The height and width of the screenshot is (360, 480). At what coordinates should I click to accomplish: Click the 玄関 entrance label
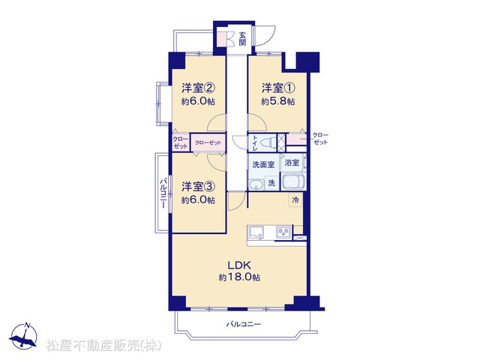242,38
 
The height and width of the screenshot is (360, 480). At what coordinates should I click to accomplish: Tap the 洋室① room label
278,88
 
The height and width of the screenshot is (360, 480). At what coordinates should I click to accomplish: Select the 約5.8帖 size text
278,102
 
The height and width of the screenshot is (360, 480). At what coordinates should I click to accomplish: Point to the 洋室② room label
198,88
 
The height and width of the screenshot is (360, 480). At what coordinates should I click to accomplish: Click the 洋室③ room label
198,187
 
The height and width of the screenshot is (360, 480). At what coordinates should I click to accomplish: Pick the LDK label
239,265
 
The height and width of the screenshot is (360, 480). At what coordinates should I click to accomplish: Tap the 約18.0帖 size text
239,277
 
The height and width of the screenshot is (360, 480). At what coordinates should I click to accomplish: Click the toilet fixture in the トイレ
267,142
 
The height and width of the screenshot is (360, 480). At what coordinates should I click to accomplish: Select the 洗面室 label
263,165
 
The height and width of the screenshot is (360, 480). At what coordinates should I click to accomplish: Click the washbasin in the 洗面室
256,185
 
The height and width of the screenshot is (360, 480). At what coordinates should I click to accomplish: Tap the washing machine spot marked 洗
271,183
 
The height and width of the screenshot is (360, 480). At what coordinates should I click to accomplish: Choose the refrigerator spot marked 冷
295,200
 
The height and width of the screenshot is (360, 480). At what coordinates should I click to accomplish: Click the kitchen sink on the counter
256,232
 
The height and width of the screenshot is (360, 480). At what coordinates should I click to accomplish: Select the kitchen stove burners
284,232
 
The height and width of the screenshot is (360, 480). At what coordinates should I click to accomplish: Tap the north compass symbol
23,335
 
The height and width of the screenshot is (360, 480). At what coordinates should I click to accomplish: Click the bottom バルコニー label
244,324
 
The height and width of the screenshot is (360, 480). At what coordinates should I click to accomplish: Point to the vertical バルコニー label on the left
163,193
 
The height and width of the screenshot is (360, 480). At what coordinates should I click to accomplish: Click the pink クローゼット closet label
208,142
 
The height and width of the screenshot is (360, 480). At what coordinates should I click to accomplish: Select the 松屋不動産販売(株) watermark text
103,346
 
